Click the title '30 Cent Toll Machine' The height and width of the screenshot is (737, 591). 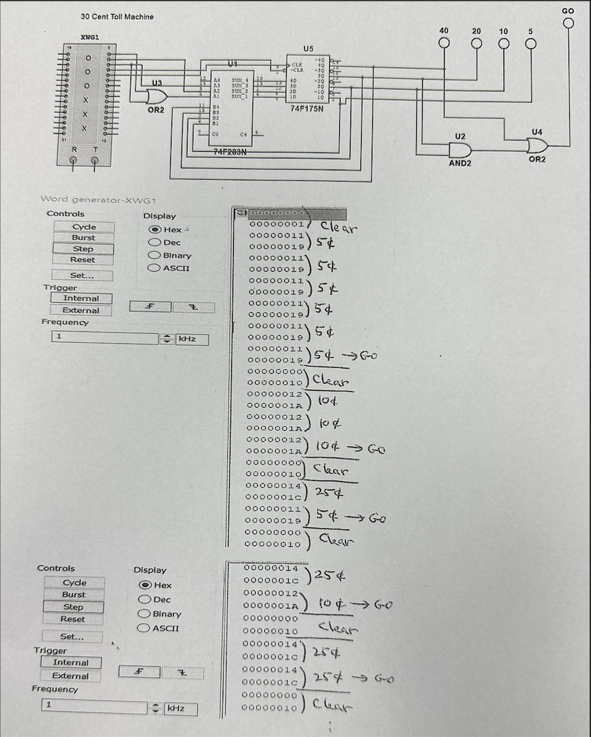[x=117, y=17]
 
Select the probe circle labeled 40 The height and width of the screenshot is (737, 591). [x=444, y=44]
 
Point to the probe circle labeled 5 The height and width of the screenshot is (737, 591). [x=530, y=44]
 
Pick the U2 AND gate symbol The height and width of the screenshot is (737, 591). [x=459, y=150]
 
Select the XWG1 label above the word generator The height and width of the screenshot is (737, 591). [x=91, y=37]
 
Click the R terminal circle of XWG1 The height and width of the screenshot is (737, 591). [x=74, y=160]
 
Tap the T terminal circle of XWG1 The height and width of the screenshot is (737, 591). [x=95, y=160]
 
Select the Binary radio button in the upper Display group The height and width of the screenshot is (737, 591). [x=154, y=255]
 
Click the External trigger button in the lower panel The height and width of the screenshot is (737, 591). [x=70, y=676]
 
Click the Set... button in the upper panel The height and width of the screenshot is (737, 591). [x=82, y=276]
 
